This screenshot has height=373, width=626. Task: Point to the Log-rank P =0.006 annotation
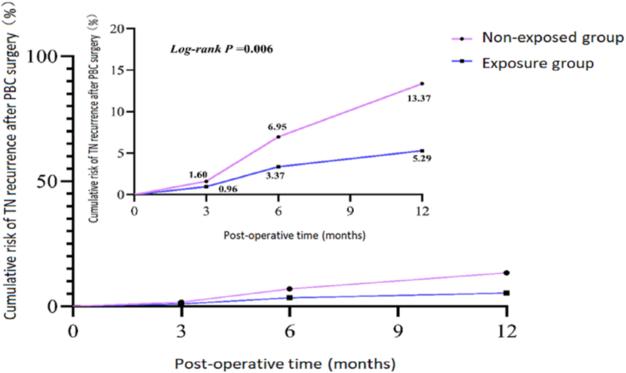(x=222, y=49)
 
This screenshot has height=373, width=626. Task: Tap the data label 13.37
(x=419, y=99)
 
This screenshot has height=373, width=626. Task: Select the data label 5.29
(x=422, y=159)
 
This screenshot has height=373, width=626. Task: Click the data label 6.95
(x=277, y=127)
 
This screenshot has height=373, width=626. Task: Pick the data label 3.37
(x=275, y=176)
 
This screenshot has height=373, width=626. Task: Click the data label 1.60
(x=198, y=175)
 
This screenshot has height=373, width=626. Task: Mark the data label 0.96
(x=228, y=189)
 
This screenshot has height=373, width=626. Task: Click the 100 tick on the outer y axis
(x=42, y=57)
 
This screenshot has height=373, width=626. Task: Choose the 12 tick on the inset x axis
(x=422, y=211)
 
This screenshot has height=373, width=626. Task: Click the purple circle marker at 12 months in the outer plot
(x=506, y=273)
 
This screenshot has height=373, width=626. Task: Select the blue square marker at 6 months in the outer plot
(x=290, y=298)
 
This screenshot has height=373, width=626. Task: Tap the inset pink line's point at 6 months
(x=278, y=137)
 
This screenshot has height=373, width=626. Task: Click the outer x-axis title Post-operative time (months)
(x=285, y=364)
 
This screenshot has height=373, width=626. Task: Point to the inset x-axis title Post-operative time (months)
(x=295, y=236)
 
